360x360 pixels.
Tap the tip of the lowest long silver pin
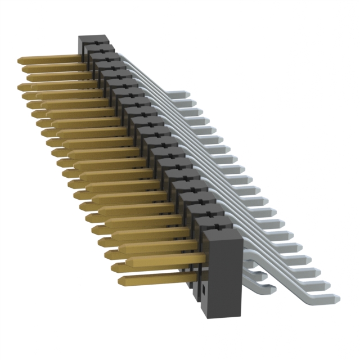click(x=336, y=298)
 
